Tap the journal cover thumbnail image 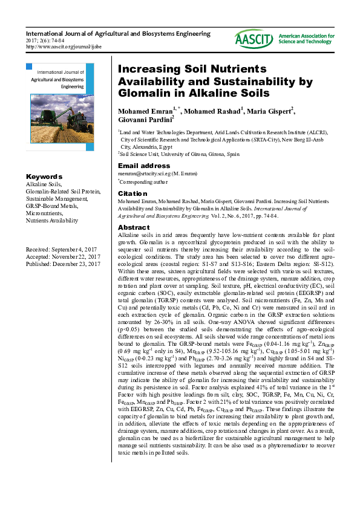pos(60,106)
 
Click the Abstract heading pos(133,227)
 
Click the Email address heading pos(144,166)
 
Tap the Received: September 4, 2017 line pos(61,249)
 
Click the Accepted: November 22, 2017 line pos(62,256)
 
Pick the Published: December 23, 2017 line pos(62,263)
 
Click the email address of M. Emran pos(157,173)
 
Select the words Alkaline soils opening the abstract pos(136,235)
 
